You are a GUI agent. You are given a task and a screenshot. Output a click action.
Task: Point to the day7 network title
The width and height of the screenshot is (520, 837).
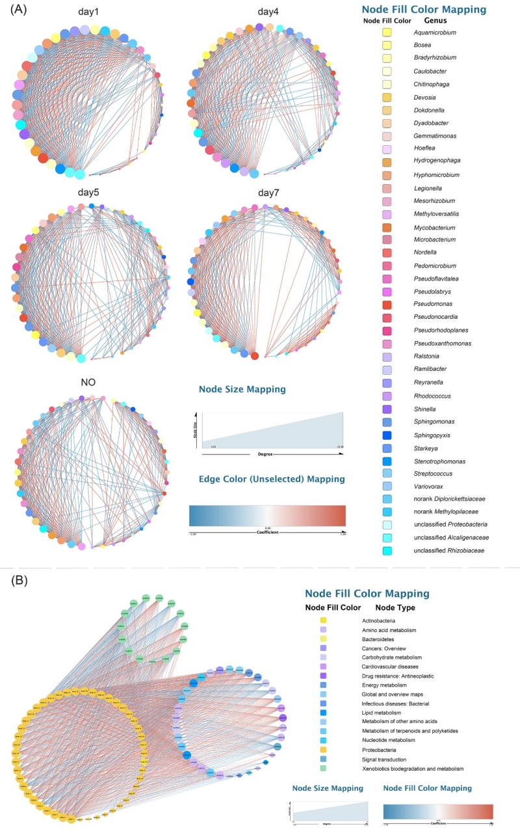click(268, 193)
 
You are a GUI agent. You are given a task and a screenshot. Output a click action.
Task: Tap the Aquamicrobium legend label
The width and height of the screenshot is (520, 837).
click(435, 32)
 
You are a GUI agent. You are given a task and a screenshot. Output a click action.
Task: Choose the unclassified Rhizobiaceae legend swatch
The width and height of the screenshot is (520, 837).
click(387, 551)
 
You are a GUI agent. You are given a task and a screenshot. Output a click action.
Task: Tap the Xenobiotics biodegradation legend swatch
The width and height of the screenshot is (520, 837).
click(323, 769)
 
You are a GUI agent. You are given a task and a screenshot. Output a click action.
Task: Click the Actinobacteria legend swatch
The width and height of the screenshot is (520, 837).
click(323, 620)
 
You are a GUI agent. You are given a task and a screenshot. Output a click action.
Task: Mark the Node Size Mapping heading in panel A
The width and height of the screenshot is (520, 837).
click(242, 390)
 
